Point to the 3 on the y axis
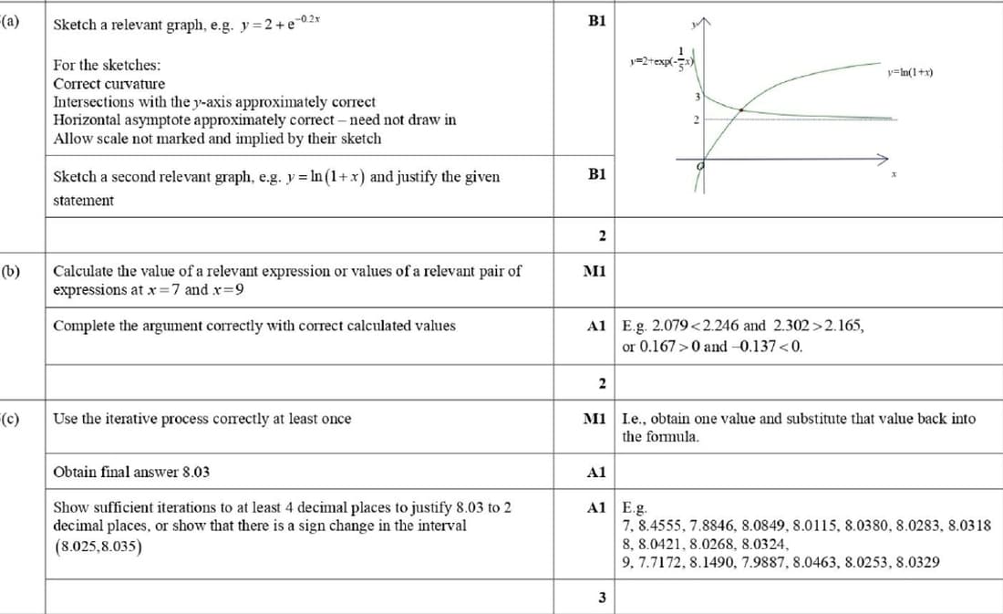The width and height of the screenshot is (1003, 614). tap(698, 98)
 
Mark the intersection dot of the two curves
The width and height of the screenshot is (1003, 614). tap(740, 110)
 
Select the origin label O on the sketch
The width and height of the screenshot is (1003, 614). tap(700, 167)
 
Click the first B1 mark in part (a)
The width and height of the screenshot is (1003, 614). tap(597, 20)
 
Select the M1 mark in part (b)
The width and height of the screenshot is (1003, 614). tap(597, 271)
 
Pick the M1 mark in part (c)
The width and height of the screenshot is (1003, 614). tap(594, 419)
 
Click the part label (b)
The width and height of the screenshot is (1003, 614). tap(13, 271)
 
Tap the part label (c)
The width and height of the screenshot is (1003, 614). tap(13, 419)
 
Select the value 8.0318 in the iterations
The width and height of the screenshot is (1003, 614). tap(970, 525)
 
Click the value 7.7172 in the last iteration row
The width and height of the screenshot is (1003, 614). tap(663, 562)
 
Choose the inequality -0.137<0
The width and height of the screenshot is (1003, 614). tap(770, 346)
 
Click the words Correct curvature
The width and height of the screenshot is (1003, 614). tap(109, 84)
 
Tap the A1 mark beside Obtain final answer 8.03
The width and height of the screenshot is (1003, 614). tap(597, 472)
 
